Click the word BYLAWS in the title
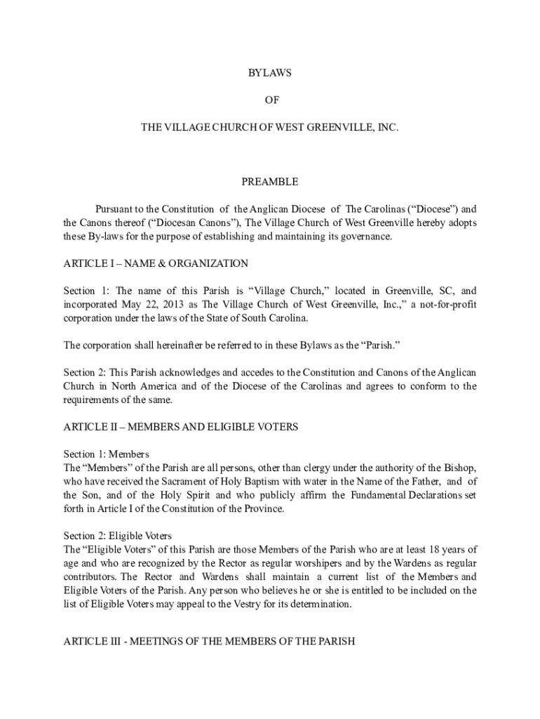(270, 73)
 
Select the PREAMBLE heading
(270, 182)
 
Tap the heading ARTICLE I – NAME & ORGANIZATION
(156, 264)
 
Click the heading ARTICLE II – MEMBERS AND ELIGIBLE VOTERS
(181, 427)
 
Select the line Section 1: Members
(107, 454)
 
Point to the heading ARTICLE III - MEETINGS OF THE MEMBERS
(210, 641)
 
